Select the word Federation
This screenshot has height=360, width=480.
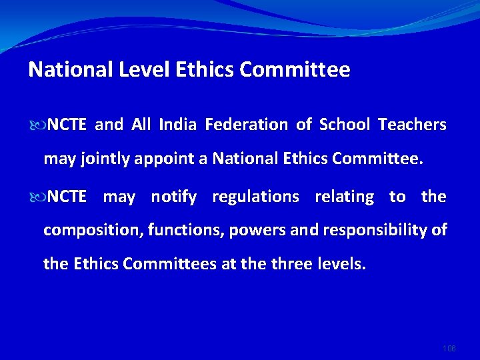coord(246,125)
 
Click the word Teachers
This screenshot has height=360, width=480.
coord(412,125)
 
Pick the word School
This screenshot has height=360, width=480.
coord(344,125)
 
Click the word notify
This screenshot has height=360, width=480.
coord(173,197)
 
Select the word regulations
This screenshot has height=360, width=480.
coord(255,197)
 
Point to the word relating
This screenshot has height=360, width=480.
coord(344,197)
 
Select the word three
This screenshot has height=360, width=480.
coord(295,264)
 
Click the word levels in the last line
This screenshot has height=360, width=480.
coord(343,264)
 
